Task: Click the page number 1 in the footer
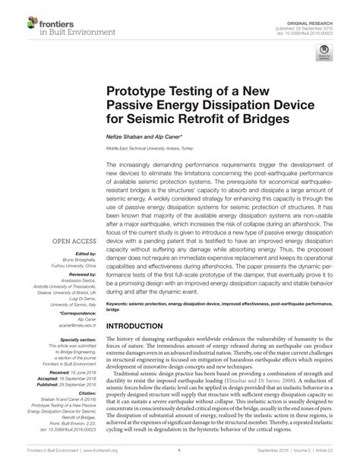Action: point(178,450)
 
